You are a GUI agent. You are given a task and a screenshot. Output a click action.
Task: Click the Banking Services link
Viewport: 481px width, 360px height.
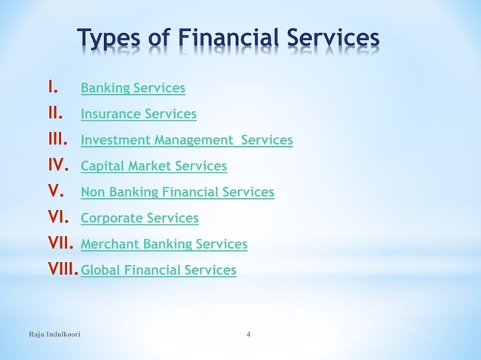[x=133, y=89]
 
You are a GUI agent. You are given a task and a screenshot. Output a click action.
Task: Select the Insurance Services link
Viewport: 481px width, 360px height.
[x=139, y=114]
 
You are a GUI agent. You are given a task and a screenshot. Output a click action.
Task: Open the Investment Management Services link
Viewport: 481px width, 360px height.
[x=186, y=140]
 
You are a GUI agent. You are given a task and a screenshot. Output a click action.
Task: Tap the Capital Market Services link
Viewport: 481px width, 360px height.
[x=154, y=166]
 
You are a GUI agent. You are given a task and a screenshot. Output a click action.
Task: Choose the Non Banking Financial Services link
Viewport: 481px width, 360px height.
[x=177, y=192]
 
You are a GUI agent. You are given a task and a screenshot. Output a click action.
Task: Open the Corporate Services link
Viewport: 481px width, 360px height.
[x=139, y=218]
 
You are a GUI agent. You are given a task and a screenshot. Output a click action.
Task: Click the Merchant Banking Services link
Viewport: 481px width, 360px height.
[x=164, y=244]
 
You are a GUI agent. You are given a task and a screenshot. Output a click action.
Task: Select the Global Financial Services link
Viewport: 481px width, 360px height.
[x=158, y=270]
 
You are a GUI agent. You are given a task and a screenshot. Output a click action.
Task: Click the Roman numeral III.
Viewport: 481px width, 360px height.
[x=58, y=140]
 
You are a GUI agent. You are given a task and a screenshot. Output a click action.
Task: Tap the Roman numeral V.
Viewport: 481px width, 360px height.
[x=54, y=192]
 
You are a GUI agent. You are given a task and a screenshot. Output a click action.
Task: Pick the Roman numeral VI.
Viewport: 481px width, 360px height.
[x=57, y=218]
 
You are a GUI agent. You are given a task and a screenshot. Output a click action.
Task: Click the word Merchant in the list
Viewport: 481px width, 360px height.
[x=108, y=244]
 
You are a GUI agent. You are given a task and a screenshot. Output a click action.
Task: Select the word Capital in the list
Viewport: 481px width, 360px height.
[x=102, y=166]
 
